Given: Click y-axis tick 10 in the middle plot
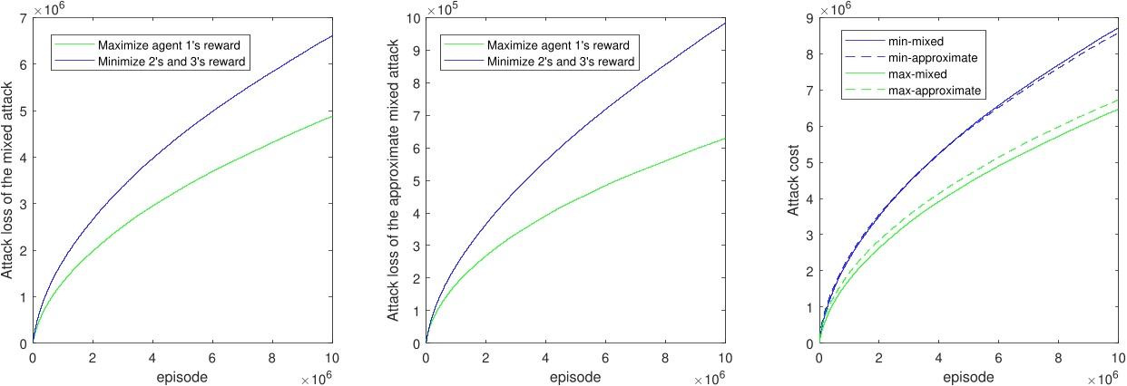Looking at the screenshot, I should (x=414, y=18).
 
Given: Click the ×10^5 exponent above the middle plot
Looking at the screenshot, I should (x=438, y=7).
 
